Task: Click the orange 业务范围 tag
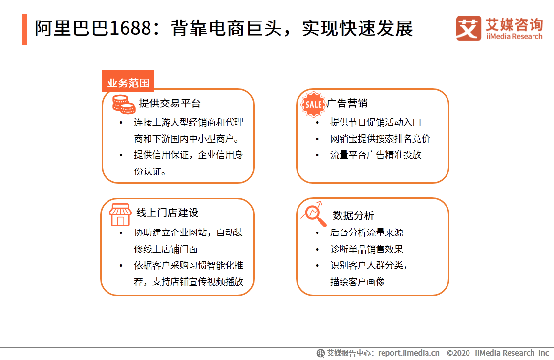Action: [x=128, y=83]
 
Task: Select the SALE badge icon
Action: [x=313, y=104]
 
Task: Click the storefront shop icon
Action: [x=119, y=214]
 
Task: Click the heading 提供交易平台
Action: [x=170, y=104]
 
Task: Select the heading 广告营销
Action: [x=347, y=104]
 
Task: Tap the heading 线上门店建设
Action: [x=167, y=213]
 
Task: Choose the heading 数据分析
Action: [x=353, y=215]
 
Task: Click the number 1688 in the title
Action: [x=129, y=29]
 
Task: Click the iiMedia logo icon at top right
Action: [x=469, y=28]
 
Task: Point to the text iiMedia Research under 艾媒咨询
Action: [x=514, y=36]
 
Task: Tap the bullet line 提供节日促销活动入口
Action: [x=375, y=122]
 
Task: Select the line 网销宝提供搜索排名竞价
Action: [x=380, y=139]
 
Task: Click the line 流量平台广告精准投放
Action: [x=375, y=155]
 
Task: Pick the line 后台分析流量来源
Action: [x=366, y=233]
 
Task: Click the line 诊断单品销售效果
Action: [x=366, y=249]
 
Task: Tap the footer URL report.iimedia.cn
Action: [x=408, y=353]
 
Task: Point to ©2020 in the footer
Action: [x=458, y=353]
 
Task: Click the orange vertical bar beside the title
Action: [x=24, y=29]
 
